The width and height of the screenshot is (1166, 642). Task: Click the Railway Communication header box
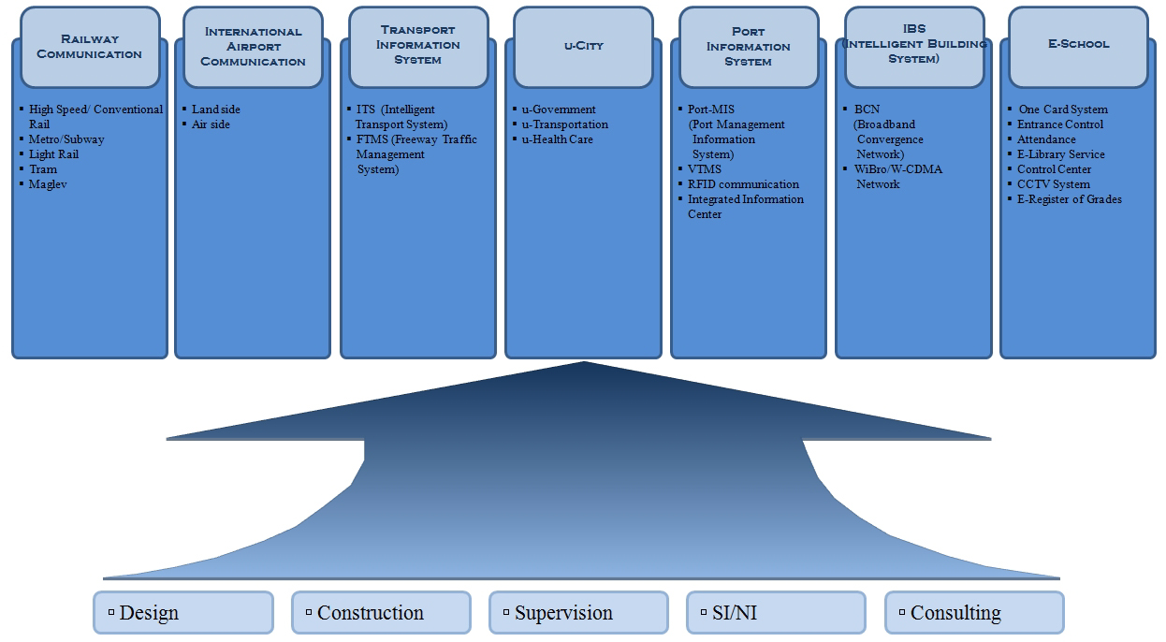coord(89,47)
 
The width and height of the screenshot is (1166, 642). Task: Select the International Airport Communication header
coord(253,47)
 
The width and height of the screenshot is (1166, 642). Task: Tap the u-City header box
coord(583,46)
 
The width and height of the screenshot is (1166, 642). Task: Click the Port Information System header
coord(748,47)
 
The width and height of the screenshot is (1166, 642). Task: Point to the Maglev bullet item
coord(48,184)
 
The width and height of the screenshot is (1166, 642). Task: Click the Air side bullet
coord(211,124)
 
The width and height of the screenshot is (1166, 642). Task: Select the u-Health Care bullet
coord(557,139)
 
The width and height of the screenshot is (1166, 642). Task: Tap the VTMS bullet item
coord(705,169)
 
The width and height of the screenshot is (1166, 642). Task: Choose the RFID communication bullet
coord(743,184)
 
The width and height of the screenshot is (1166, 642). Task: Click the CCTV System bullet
coord(1054,184)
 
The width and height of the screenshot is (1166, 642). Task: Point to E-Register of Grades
coord(1069,199)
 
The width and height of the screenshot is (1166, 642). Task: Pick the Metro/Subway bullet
coord(66,139)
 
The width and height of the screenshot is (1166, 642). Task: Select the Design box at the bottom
coord(183,613)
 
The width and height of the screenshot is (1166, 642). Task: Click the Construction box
coord(381,613)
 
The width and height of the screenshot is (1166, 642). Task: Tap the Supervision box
coord(578,613)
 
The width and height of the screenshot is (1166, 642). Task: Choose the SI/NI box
coord(776,613)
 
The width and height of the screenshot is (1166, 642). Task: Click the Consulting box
coord(974,613)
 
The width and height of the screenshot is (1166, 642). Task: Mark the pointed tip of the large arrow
coord(583,363)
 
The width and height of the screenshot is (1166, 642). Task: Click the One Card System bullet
coord(1062,109)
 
